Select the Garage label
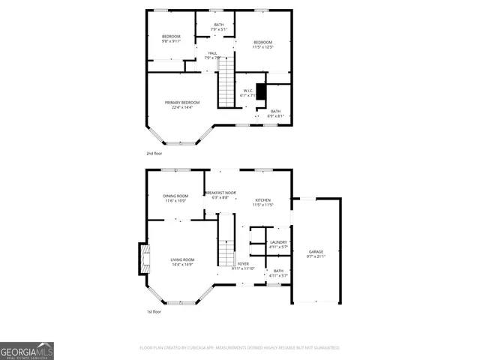(x=316, y=253)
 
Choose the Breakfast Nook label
(x=221, y=195)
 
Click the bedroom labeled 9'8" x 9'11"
(x=172, y=39)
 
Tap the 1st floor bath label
(x=278, y=273)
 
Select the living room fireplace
(x=142, y=259)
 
